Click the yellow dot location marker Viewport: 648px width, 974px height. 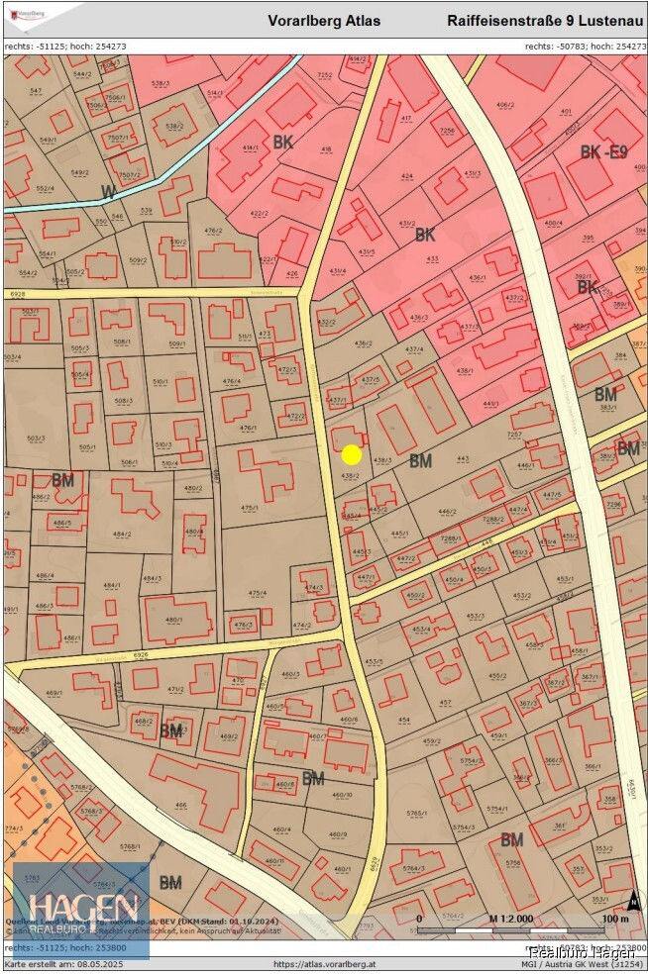point(351,454)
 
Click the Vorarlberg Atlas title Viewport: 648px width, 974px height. point(324,20)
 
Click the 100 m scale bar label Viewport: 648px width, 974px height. point(615,919)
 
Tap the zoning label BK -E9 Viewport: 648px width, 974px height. point(603,152)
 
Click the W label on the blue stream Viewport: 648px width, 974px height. point(109,190)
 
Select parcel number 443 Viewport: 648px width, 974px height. point(462,458)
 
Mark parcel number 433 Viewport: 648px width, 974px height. point(432,259)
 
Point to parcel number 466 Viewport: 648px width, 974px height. point(180,806)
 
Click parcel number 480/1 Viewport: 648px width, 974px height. point(174,621)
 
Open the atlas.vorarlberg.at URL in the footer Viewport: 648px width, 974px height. point(323,964)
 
